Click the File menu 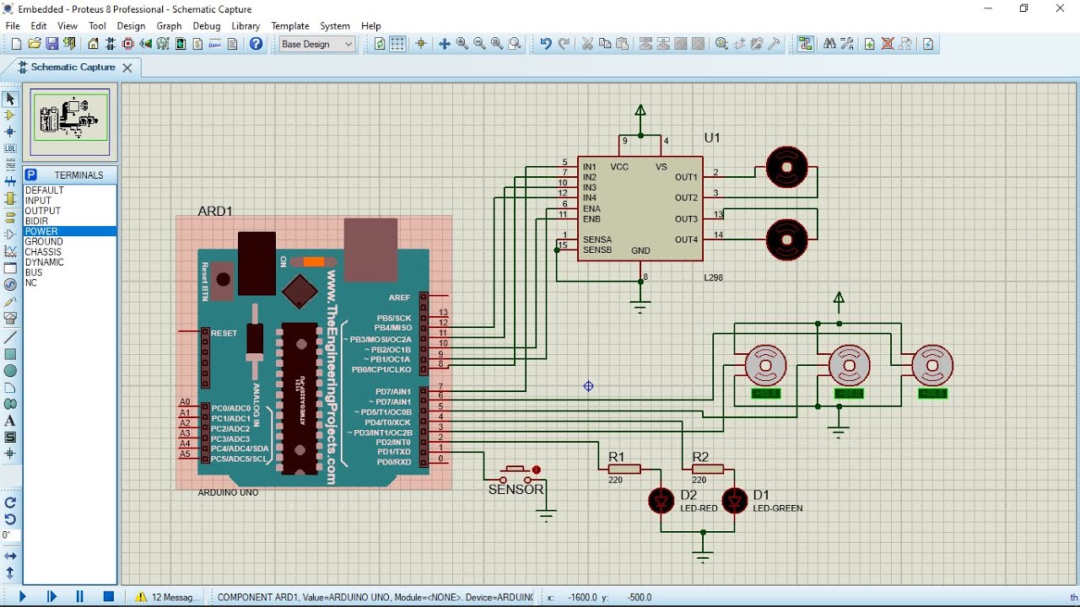(13, 26)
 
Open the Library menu (246, 26)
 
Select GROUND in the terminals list (44, 242)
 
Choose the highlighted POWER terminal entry (42, 231)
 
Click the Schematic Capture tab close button (127, 67)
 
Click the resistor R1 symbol (624, 469)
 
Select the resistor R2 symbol (707, 469)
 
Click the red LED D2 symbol (661, 501)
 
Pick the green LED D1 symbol (735, 501)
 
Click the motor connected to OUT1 (786, 167)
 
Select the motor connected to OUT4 (786, 239)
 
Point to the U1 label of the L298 (712, 138)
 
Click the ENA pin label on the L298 (591, 208)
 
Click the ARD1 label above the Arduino (214, 211)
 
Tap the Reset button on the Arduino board (223, 280)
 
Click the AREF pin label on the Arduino (400, 298)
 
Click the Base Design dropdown (316, 44)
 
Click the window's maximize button (1023, 8)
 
